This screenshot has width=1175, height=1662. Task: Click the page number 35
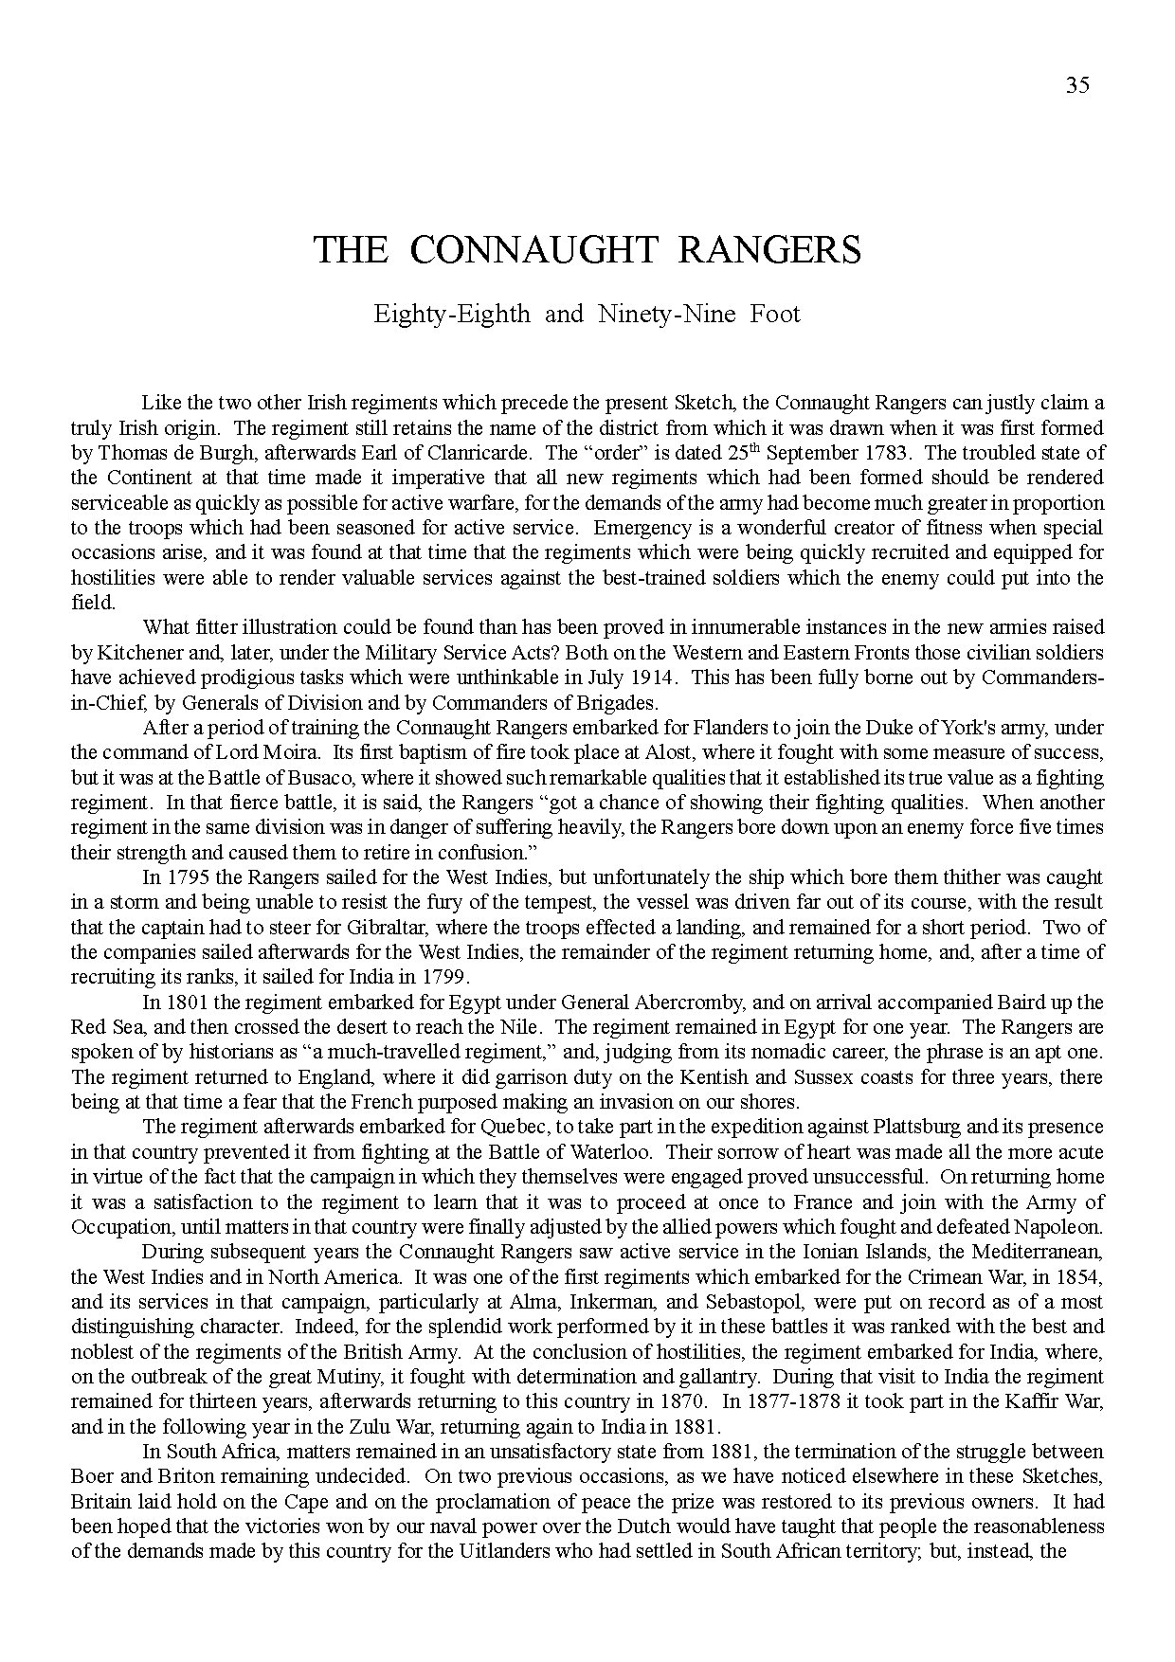(1077, 86)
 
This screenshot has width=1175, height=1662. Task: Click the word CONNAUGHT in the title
(534, 250)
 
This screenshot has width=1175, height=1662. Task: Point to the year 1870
(678, 1401)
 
